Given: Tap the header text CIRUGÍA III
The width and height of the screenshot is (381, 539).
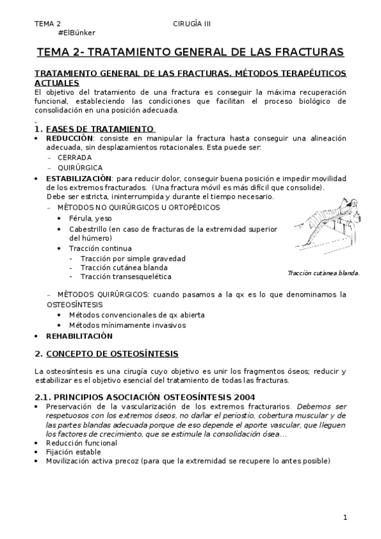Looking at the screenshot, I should (x=191, y=24).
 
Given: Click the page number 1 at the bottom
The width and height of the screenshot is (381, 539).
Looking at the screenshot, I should (x=345, y=517).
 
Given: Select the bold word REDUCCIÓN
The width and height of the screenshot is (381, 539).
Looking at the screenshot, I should (x=70, y=138).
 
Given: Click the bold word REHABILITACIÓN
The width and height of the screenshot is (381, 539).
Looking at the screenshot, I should (x=79, y=336).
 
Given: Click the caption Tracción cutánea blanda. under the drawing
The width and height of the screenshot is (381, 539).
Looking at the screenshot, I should (x=323, y=273).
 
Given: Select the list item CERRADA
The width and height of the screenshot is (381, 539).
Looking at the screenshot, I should (x=74, y=157).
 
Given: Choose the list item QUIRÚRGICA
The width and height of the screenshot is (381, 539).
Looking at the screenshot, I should (x=80, y=167).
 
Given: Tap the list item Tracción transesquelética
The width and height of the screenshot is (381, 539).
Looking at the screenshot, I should (x=126, y=276).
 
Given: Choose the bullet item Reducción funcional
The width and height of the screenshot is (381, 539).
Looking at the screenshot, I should (x=81, y=442).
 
